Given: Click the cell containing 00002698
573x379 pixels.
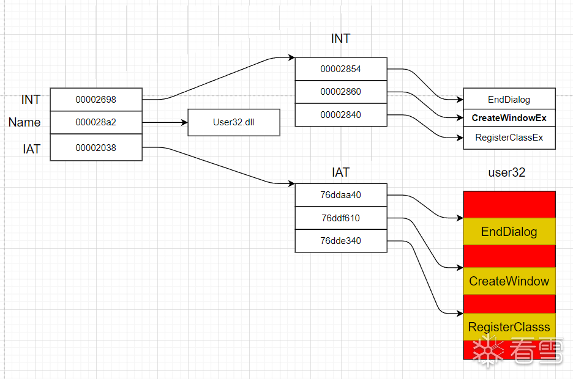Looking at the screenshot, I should pos(95,99).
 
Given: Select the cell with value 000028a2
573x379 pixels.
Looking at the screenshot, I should pos(95,122).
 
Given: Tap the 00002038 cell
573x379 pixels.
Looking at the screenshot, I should pos(95,148).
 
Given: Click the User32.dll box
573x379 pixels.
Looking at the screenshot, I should pos(233,122).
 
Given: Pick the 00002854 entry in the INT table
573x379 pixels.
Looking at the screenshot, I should pos(340,69).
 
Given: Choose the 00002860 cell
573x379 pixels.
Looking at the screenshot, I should pos(340,92).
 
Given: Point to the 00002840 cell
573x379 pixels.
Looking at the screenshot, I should pos(340,115).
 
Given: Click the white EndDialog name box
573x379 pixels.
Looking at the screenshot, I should pos(509,100).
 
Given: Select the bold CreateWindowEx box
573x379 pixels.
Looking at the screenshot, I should pos(509,118).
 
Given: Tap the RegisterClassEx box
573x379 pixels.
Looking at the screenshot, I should pos(509,138).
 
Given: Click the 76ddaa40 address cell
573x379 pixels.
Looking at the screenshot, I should pos(340,195).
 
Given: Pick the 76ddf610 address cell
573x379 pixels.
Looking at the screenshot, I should pos(340,218).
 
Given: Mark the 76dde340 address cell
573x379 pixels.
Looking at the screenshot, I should pos(340,241).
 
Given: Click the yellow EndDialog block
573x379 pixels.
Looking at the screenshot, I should pos(509,232).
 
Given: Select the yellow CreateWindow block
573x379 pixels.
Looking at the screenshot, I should pos(509,281).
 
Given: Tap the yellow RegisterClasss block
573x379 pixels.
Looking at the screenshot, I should pos(509,327).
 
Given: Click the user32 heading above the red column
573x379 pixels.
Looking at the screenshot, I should pos(506,172).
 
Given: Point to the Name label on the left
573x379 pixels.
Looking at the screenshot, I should pos(24,122).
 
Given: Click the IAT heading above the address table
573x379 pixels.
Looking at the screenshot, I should pos(340,172).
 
